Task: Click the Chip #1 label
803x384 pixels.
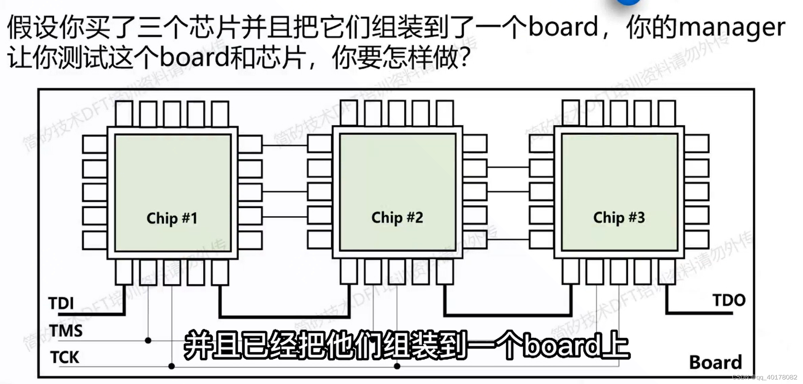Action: [x=172, y=218]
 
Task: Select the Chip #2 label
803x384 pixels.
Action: [x=397, y=217]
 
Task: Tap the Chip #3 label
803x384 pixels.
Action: [x=619, y=217]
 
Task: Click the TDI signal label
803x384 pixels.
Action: [x=61, y=303]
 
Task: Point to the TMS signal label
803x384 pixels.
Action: [x=66, y=331]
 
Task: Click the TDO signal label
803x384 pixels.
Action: [x=729, y=300]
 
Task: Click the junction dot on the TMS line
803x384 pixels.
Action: [x=148, y=340]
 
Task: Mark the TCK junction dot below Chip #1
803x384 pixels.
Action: [x=172, y=366]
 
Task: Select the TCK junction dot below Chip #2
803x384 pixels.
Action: [x=397, y=366]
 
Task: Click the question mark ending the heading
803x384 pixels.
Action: [x=464, y=58]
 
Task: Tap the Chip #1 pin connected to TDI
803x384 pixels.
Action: [x=124, y=272]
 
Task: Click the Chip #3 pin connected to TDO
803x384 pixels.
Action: [x=667, y=272]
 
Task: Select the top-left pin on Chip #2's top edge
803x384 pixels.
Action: [x=349, y=112]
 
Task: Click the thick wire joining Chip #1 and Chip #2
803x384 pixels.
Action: [x=284, y=317]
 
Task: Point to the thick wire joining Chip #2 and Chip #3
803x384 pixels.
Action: [x=508, y=315]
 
